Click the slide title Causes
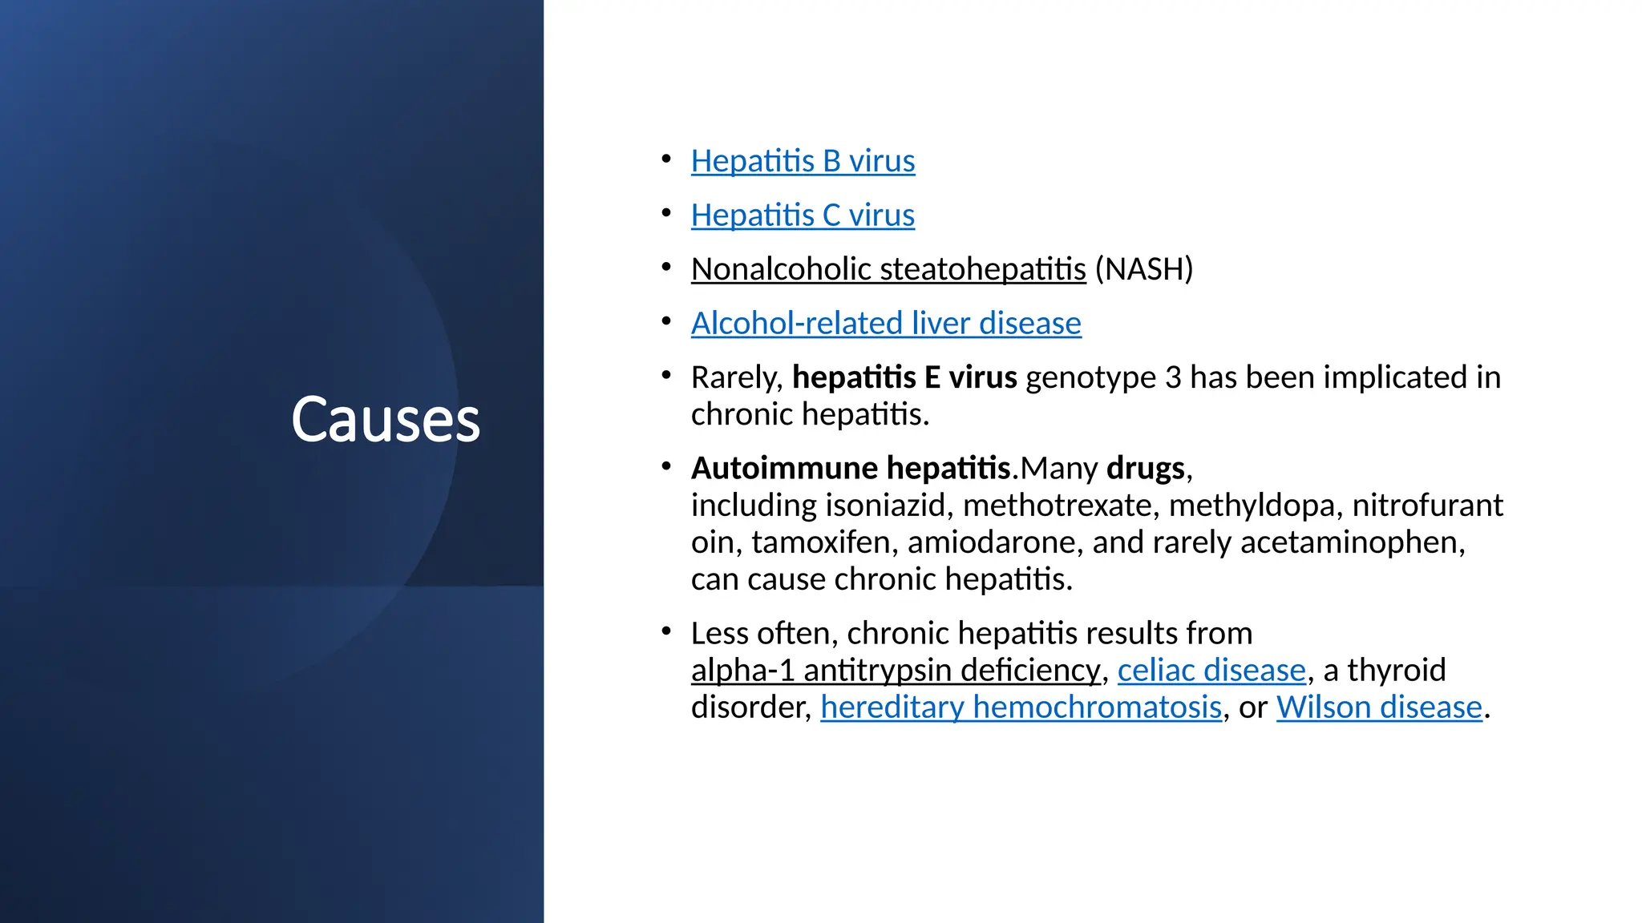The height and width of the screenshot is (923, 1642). (386, 420)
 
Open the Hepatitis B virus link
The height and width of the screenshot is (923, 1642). (803, 162)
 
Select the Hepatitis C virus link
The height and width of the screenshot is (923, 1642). (803, 216)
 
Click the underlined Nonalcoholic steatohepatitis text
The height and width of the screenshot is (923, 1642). (888, 269)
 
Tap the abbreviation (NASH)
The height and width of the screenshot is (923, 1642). (1144, 269)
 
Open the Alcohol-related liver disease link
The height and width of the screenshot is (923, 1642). (886, 324)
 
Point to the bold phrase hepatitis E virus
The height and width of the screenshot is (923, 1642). (904, 377)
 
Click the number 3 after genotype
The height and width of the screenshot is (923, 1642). (1173, 377)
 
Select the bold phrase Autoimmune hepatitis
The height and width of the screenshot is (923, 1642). (851, 468)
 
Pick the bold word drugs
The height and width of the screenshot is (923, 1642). (1145, 468)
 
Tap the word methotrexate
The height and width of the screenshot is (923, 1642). (1058, 506)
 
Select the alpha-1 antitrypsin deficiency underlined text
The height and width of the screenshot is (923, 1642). (896, 671)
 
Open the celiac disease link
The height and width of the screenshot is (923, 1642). (1211, 671)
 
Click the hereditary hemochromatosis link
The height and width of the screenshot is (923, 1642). (1021, 707)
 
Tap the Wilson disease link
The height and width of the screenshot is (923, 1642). (1379, 707)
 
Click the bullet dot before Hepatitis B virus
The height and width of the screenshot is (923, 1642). (666, 159)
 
